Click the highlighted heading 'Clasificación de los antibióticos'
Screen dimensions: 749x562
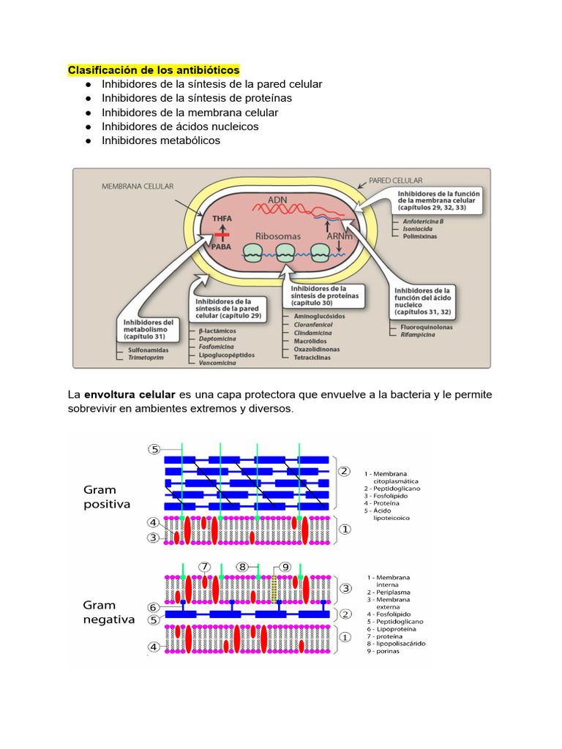[154, 70]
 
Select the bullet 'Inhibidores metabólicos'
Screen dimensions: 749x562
[160, 140]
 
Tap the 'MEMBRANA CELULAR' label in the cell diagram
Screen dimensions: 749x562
[138, 187]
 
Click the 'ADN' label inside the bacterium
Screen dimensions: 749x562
[277, 199]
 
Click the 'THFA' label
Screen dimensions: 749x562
[221, 219]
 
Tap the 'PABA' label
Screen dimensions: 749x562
[221, 247]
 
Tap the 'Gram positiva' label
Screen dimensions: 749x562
[107, 497]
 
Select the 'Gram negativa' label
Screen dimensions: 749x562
[109, 612]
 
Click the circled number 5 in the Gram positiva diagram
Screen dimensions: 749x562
[154, 449]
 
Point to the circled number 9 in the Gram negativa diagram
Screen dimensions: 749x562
[285, 566]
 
